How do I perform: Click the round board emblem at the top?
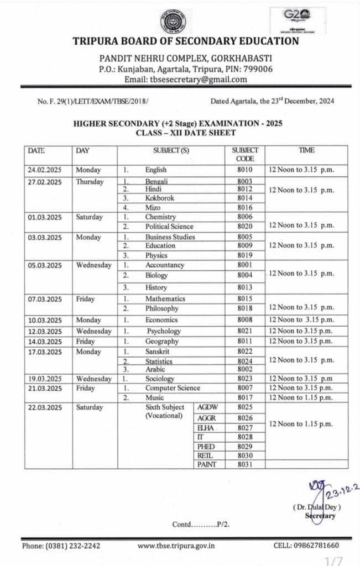pyautogui.click(x=179, y=21)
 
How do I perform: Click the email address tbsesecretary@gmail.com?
pyautogui.click(x=199, y=80)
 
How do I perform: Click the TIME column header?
pyautogui.click(x=306, y=150)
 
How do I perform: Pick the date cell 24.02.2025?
pyautogui.click(x=45, y=170)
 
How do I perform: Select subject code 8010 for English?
pyautogui.click(x=245, y=170)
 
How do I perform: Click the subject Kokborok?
pyautogui.click(x=159, y=198)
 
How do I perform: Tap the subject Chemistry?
pyautogui.click(x=160, y=217)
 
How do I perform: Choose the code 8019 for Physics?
pyautogui.click(x=245, y=255)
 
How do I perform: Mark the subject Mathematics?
pyautogui.click(x=165, y=299)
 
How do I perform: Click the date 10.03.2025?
pyautogui.click(x=45, y=320)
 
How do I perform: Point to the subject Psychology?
pyautogui.click(x=164, y=331)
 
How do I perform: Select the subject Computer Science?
pyautogui.click(x=173, y=388)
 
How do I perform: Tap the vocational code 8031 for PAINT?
pyautogui.click(x=245, y=464)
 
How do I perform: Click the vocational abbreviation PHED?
pyautogui.click(x=206, y=446)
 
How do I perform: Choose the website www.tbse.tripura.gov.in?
pyautogui.click(x=176, y=546)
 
